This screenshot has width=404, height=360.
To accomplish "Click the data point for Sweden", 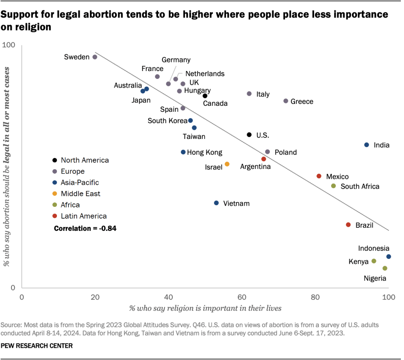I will point(95,57).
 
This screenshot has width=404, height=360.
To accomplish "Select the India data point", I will point(367,145).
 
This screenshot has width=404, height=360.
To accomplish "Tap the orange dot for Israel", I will point(227,164).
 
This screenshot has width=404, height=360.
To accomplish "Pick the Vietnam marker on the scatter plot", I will point(216,203).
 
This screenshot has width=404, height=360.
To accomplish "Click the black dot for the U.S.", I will point(249,135).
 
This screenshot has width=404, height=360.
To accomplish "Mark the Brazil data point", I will point(348,225).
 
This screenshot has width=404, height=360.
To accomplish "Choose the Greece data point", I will point(286,101).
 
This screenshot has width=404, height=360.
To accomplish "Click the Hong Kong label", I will point(204,152).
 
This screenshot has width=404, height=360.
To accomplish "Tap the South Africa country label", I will point(360,186).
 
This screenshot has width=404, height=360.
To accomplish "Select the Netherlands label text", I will point(205,74).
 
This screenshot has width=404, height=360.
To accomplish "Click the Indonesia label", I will point(374,248).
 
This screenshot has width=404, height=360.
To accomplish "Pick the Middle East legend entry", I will point(80,194).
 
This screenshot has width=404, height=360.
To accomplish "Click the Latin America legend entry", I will point(84,216).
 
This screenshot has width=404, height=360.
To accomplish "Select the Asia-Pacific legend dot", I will point(54,183).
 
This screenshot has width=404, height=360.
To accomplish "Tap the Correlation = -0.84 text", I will point(85,228).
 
